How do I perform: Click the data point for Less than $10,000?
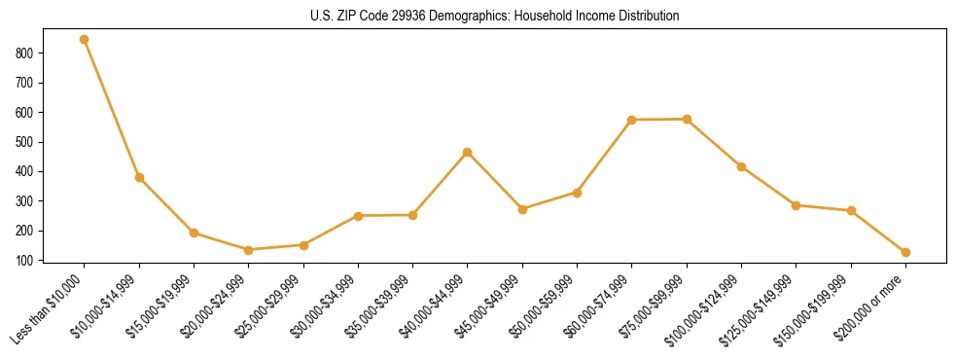click(x=85, y=40)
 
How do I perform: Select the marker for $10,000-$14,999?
click(x=139, y=177)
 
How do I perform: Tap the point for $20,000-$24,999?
click(x=249, y=250)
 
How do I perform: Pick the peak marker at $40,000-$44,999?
click(x=468, y=152)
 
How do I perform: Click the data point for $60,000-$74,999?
click(x=632, y=120)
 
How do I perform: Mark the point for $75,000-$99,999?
click(x=687, y=119)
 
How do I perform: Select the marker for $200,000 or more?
click(x=905, y=252)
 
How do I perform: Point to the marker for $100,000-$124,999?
click(x=741, y=166)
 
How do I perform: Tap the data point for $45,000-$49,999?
click(x=522, y=209)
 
